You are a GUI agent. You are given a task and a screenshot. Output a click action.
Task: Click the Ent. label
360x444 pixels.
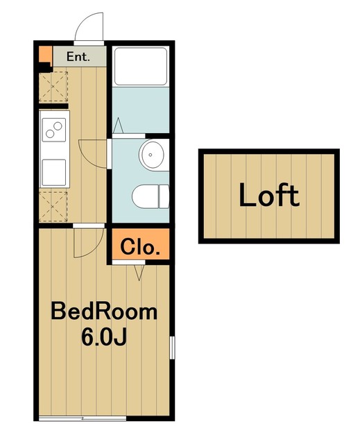[x=78, y=57]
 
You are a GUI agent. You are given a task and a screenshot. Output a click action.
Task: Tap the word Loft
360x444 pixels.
[x=269, y=195]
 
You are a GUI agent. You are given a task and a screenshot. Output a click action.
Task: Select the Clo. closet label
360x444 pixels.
[x=140, y=247]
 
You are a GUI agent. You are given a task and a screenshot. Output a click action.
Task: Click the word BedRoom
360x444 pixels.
[x=104, y=311]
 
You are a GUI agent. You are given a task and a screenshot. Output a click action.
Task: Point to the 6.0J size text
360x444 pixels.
[x=104, y=337]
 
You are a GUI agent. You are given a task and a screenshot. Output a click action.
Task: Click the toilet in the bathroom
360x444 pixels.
[x=151, y=196]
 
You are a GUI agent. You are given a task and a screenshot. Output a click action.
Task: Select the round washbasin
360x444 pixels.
[x=151, y=155]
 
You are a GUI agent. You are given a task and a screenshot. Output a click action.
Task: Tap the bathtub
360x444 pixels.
[x=141, y=67]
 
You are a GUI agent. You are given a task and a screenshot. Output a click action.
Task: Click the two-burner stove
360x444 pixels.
[x=54, y=130]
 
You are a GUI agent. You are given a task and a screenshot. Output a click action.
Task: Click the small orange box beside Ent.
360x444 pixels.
[x=45, y=54]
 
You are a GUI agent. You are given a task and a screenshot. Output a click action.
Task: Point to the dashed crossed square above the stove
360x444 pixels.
[x=53, y=86]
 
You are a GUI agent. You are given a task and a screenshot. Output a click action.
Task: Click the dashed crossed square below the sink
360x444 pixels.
[x=53, y=207]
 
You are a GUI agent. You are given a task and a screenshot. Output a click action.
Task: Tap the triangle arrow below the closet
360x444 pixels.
[x=139, y=273]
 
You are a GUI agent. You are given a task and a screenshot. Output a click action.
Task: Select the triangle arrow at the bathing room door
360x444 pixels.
[x=118, y=126]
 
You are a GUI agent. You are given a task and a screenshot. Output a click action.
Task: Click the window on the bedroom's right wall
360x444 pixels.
[x=172, y=348]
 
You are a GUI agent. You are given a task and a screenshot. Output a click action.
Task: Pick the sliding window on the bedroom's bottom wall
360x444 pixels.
[x=83, y=418]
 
